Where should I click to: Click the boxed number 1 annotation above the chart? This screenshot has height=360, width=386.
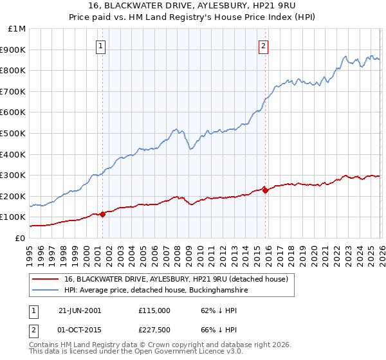[102, 46]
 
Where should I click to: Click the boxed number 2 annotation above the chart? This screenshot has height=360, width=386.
[264, 46]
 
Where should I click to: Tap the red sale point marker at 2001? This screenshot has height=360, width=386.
[103, 214]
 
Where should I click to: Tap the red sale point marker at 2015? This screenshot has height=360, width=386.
[266, 190]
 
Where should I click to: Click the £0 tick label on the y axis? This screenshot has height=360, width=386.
[20, 238]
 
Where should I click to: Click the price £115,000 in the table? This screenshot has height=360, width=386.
[154, 310]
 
